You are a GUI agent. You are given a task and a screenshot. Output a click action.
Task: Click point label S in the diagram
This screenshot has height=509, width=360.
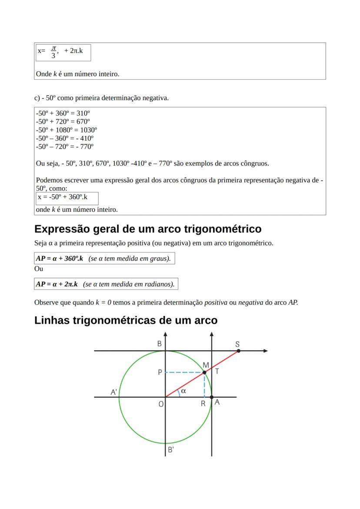237,344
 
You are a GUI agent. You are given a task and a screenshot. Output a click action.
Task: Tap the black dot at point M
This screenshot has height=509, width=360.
204,372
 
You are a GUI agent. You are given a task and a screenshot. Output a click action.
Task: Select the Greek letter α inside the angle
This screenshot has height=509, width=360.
183,391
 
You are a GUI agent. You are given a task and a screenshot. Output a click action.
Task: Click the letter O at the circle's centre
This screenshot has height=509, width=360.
161,404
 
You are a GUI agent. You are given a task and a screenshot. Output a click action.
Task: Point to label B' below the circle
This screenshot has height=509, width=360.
171,449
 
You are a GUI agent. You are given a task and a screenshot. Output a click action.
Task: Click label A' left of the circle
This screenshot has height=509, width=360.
114,392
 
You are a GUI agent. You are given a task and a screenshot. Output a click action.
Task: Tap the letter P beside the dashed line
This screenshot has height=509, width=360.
160,373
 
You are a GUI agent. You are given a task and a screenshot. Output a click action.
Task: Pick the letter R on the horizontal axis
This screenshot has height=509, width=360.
203,404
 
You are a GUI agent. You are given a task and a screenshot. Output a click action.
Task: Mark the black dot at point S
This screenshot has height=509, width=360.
239,350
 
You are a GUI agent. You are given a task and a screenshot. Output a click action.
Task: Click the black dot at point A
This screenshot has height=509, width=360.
211,397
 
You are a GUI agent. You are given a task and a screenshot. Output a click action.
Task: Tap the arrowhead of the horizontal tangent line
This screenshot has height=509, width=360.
265,350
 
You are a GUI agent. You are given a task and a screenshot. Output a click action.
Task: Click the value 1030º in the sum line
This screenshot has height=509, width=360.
87,130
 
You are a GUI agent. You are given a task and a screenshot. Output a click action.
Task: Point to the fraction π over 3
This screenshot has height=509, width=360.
53,52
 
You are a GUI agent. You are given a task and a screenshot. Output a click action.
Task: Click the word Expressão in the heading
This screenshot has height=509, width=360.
62,229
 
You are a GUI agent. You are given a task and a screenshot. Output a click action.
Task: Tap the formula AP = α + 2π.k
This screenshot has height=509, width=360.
57,284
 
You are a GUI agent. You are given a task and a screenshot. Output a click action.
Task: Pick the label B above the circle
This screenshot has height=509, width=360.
160,344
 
